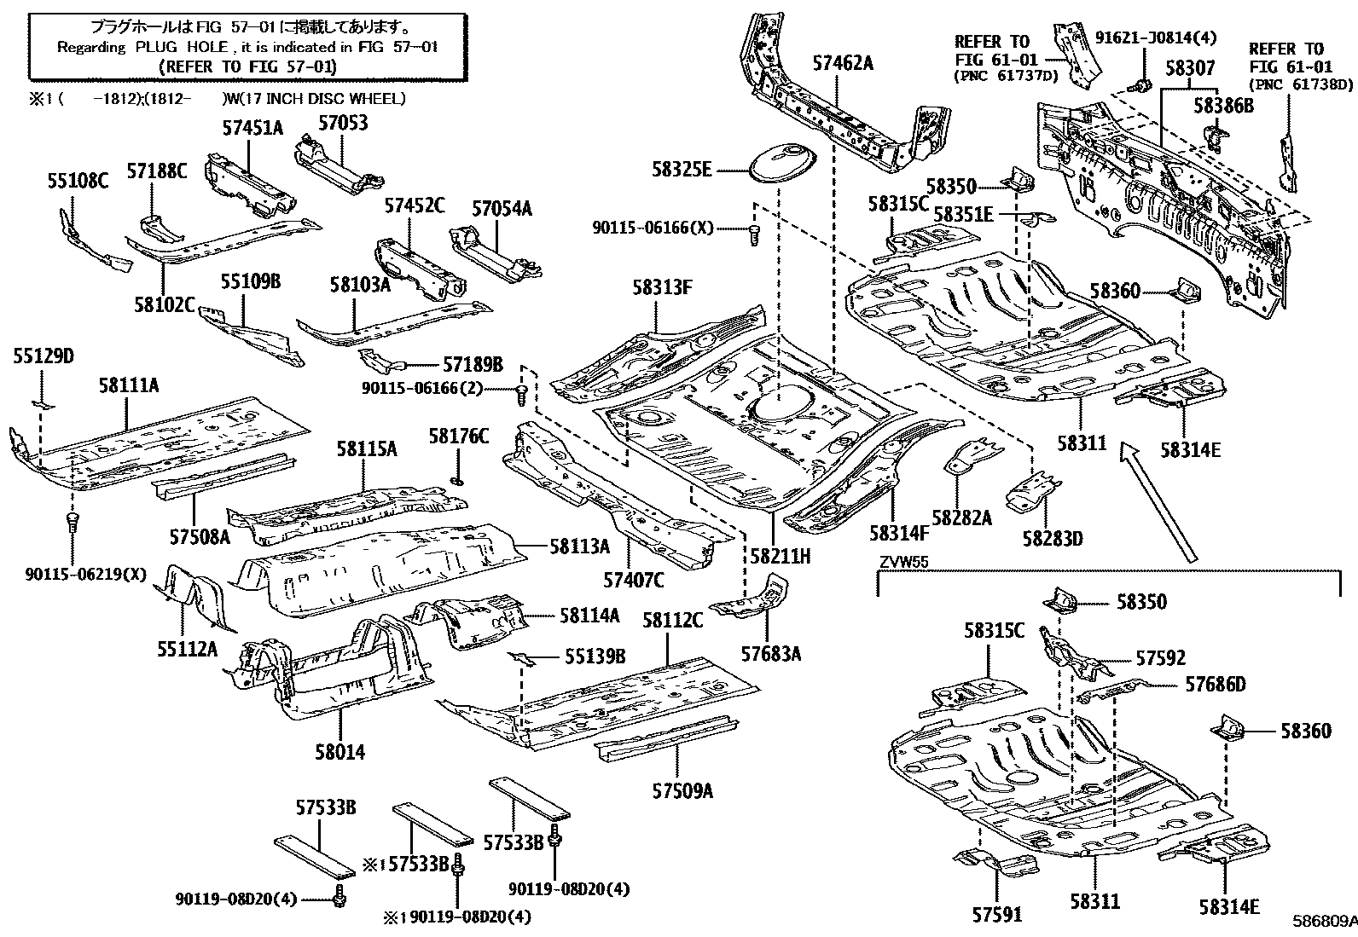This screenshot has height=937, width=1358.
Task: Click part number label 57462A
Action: click(x=842, y=62)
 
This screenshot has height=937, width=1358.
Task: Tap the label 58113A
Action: click(x=579, y=546)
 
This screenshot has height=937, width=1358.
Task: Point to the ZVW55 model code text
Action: click(x=903, y=562)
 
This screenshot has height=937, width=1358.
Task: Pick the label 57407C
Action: click(x=633, y=580)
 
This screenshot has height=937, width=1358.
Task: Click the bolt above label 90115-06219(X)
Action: click(x=73, y=519)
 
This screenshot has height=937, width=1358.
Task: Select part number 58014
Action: click(x=339, y=751)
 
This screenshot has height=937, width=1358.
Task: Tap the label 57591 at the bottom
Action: click(x=996, y=915)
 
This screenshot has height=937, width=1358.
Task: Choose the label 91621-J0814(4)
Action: click(x=1155, y=38)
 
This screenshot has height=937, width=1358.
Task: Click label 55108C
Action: click(x=78, y=180)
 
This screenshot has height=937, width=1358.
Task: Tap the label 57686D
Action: click(x=1215, y=684)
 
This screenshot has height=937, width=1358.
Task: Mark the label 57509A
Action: click(x=682, y=790)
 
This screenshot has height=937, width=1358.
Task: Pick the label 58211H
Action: click(x=780, y=556)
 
